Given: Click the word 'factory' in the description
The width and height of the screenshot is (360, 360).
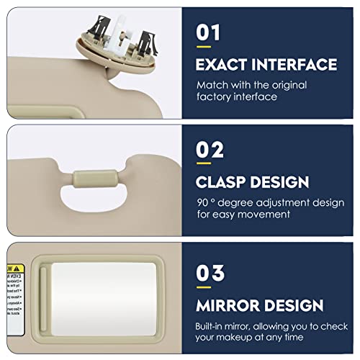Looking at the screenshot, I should click(214, 97).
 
